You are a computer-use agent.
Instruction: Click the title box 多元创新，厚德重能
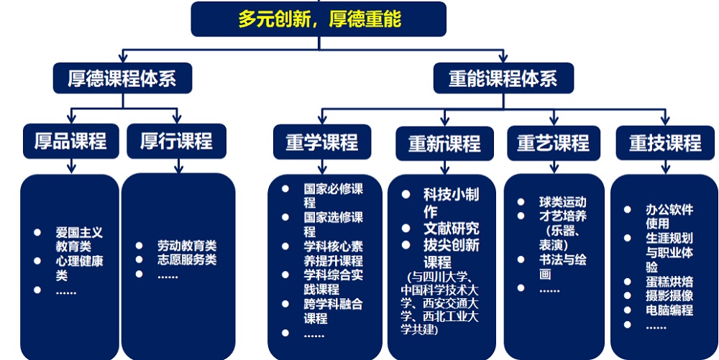(319, 19)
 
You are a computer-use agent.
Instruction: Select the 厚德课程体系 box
(122, 78)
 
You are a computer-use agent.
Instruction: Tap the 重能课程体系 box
(503, 78)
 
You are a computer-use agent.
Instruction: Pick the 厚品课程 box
(70, 141)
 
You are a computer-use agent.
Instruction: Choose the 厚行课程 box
(177, 141)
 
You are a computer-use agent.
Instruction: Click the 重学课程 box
(322, 142)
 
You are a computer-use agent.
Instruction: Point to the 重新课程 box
(445, 144)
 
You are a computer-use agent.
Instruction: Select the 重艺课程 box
(554, 143)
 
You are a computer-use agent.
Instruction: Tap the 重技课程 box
(665, 143)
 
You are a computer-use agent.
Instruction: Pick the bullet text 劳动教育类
(187, 246)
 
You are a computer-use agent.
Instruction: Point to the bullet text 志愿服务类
(187, 260)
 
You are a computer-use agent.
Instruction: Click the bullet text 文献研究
(452, 228)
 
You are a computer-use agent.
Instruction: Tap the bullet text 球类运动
(563, 202)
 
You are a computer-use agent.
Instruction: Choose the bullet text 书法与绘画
(563, 267)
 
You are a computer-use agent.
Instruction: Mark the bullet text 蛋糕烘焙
(669, 281)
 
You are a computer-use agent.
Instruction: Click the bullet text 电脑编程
(669, 310)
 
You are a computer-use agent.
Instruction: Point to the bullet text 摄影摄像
(669, 295)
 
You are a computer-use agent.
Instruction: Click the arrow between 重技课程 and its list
(665, 167)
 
